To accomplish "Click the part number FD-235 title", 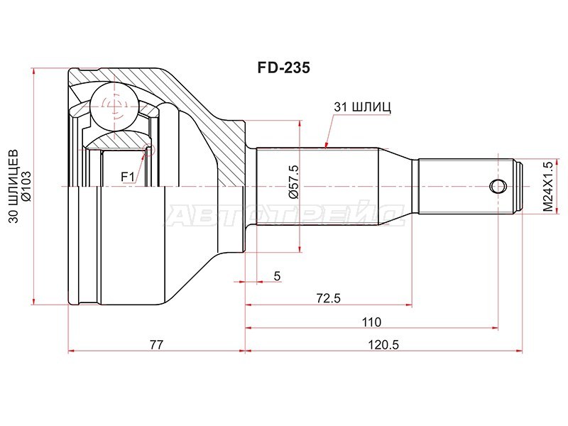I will [x=283, y=69].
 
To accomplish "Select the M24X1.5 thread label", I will [x=547, y=186].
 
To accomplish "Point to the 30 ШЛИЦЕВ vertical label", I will [x=12, y=187].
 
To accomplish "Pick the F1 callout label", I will [x=128, y=175].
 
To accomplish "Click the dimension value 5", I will [x=277, y=275].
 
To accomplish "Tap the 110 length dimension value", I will [x=371, y=321].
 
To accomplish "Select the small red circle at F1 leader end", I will [x=149, y=147].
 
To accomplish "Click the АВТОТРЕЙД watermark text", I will [x=284, y=213].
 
